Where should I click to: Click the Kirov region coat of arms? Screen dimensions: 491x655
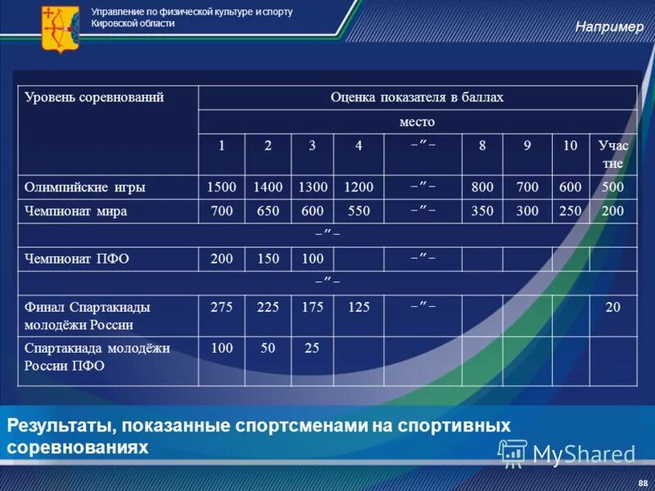click(x=59, y=29)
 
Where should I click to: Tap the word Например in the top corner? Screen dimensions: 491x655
click(x=609, y=27)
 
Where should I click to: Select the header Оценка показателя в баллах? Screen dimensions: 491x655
click(x=417, y=98)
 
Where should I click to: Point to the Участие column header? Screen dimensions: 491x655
click(x=612, y=154)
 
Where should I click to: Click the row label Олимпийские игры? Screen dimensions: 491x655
click(x=85, y=187)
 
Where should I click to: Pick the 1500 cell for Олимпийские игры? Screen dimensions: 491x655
click(x=221, y=187)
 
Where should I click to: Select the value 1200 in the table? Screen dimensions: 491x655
click(x=359, y=187)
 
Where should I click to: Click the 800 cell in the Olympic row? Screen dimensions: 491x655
click(x=482, y=187)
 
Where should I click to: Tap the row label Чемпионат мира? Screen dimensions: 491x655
click(x=76, y=211)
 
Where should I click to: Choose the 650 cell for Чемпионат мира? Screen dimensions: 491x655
click(x=267, y=211)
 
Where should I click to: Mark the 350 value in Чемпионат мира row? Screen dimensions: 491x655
click(x=482, y=211)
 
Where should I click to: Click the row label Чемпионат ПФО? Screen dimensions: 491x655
click(x=77, y=259)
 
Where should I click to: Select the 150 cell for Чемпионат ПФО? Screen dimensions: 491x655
click(x=267, y=259)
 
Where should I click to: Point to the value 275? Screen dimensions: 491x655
click(x=221, y=307)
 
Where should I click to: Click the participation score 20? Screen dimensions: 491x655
click(x=613, y=307)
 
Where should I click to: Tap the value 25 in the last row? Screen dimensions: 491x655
click(x=312, y=348)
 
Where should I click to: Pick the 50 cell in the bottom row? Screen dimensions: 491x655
click(x=267, y=348)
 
